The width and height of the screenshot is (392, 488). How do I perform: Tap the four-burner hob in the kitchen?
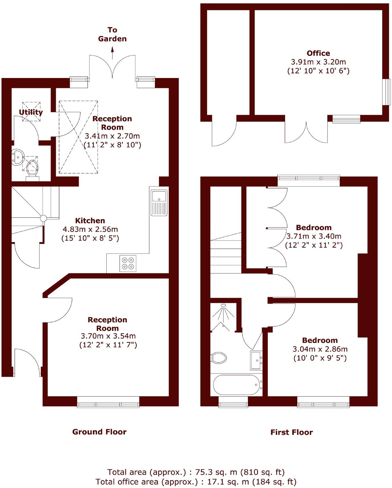pyautogui.click(x=128, y=263)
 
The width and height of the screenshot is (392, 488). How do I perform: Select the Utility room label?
pyautogui.click(x=31, y=112)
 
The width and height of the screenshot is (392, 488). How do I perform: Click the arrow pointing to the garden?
pyautogui.click(x=112, y=53)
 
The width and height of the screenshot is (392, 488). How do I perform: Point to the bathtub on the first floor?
pyautogui.click(x=236, y=385)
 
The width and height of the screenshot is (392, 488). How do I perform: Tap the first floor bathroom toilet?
pyautogui.click(x=219, y=358)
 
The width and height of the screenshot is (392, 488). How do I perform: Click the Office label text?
pyautogui.click(x=318, y=53)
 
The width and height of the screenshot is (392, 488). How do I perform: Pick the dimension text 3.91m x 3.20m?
pyautogui.click(x=318, y=62)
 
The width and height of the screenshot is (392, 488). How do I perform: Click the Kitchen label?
pyautogui.click(x=90, y=221)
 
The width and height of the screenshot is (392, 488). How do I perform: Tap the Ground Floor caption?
pyautogui.click(x=99, y=432)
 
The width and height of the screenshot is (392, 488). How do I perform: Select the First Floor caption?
pyautogui.click(x=292, y=432)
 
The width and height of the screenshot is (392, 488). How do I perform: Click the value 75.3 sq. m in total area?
pyautogui.click(x=216, y=472)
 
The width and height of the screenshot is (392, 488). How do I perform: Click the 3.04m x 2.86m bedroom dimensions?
pyautogui.click(x=320, y=349)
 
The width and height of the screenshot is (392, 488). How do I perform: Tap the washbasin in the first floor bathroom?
pyautogui.click(x=256, y=360)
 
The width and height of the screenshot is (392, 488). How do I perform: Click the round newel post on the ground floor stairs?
pyautogui.click(x=43, y=218)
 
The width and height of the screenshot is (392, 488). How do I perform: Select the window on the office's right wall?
pyautogui.click(x=386, y=92)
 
